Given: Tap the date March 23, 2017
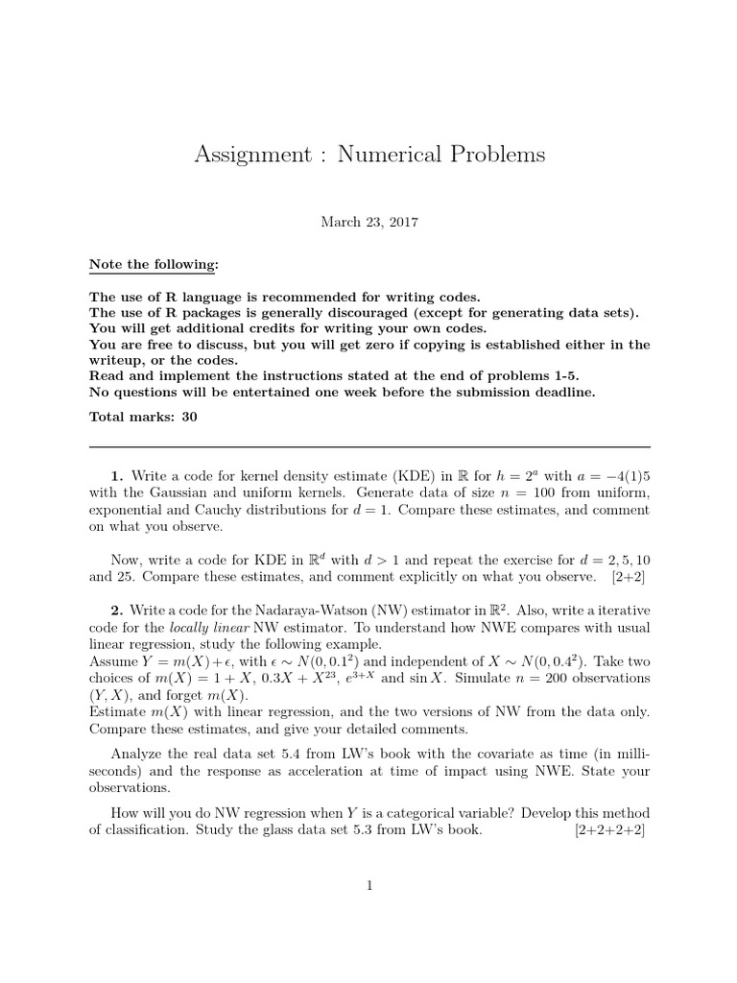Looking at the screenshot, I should (x=368, y=221).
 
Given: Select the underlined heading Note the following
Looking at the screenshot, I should (x=154, y=264).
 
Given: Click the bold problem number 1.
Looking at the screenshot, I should (x=116, y=476).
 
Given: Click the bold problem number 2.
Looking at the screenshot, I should (x=116, y=611).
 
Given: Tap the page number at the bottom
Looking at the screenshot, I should (x=368, y=886).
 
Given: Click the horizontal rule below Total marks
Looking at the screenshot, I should (x=368, y=447).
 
